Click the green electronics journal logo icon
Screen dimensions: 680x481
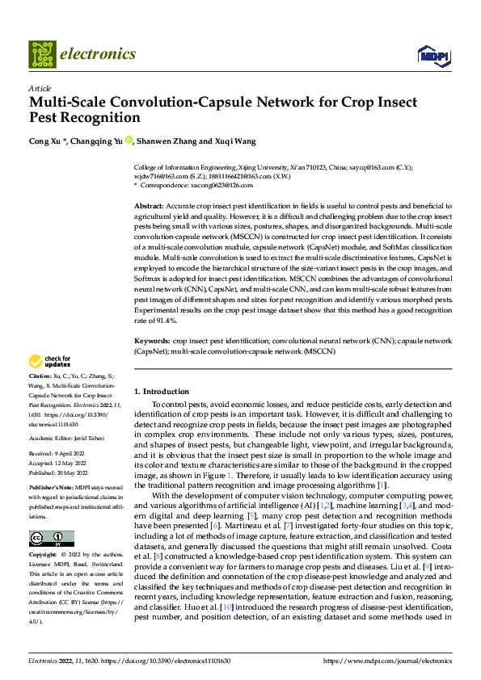coord(41,53)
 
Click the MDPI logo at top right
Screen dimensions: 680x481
coord(433,55)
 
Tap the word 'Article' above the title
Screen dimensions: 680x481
coord(39,88)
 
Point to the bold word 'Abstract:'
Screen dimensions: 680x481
coord(149,208)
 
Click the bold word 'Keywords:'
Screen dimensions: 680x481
coord(152,342)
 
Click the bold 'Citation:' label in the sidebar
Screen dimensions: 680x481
coord(40,377)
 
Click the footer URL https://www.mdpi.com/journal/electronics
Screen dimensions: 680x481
coord(390,660)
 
